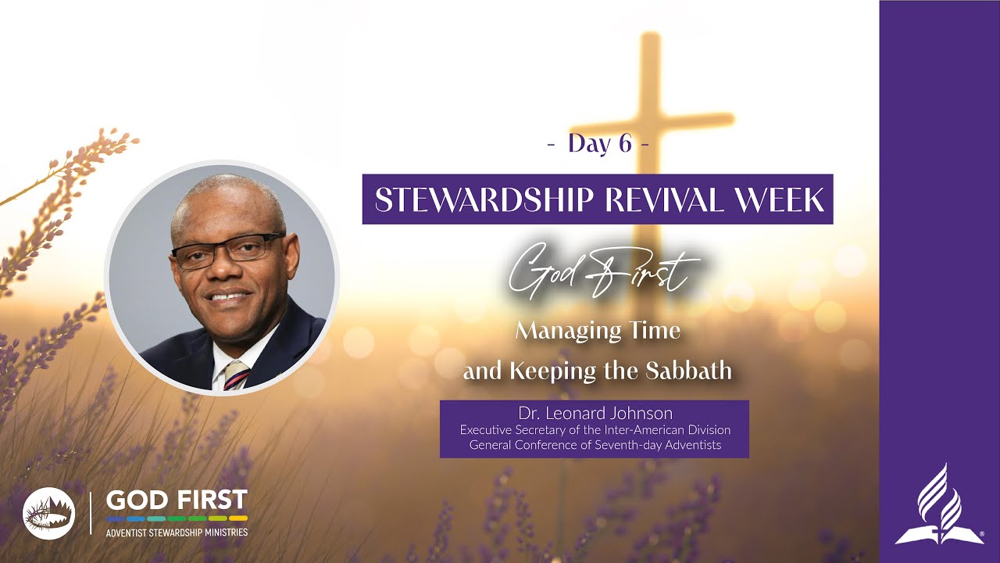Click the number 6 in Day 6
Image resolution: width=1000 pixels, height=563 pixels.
625,144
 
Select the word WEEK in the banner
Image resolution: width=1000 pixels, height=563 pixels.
786,200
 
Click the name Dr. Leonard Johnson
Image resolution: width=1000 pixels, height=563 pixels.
595,413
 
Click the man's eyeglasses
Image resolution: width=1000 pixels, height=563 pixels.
227,251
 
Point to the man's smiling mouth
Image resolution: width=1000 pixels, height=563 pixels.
228,298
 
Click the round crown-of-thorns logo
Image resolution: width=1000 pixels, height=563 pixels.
48,512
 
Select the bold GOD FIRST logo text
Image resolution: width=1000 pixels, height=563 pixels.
177,500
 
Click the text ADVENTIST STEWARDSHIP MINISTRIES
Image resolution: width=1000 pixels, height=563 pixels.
177,533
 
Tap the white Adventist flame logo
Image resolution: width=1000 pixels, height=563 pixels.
939,505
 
